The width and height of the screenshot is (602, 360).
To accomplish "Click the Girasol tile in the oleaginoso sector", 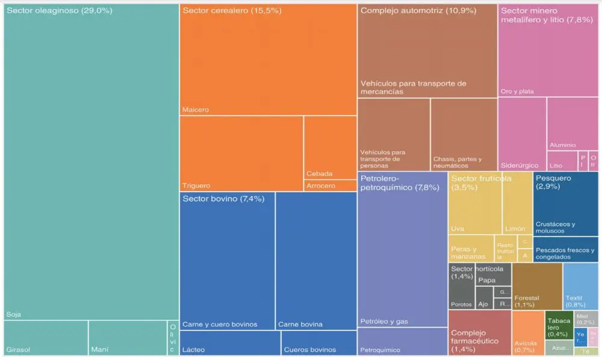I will pyautogui.click(x=46, y=338).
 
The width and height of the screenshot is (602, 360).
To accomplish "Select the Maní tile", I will pyautogui.click(x=128, y=338).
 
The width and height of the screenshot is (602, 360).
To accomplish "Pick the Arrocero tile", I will pyautogui.click(x=330, y=185).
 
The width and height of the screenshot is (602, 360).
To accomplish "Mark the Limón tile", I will pyautogui.click(x=517, y=205).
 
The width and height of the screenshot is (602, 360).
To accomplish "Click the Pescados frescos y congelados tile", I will pyautogui.click(x=565, y=250).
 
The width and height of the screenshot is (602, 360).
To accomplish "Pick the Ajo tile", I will pyautogui.click(x=483, y=297).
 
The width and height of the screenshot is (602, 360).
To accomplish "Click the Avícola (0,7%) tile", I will pyautogui.click(x=527, y=333).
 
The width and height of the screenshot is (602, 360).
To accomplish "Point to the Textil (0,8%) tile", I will pyautogui.click(x=580, y=285).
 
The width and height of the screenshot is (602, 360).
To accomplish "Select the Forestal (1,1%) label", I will pyautogui.click(x=527, y=297).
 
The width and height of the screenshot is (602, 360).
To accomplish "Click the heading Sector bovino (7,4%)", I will pyautogui.click(x=223, y=199).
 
